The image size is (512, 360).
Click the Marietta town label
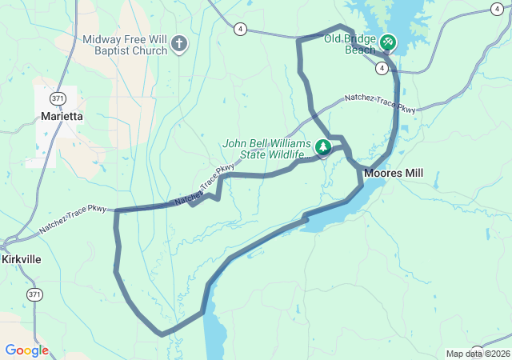(62, 116)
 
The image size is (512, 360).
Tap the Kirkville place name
(21, 260)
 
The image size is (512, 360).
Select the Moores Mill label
(393, 173)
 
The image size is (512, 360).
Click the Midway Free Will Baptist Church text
(125, 45)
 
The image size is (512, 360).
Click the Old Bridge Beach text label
(350, 44)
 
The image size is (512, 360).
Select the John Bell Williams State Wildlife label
(265, 149)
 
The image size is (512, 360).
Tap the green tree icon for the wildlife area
(323, 147)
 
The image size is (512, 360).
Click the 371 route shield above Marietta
(56, 98)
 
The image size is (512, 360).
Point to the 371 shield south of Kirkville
(34, 295)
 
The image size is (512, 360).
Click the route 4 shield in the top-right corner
(498, 8)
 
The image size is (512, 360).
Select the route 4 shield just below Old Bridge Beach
(383, 69)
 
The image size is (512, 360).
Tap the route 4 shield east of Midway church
(240, 29)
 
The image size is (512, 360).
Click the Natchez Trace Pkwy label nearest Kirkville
(73, 220)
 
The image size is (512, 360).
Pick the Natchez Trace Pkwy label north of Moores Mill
(380, 103)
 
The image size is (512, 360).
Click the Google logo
(26, 350)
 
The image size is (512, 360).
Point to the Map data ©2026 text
(478, 354)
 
